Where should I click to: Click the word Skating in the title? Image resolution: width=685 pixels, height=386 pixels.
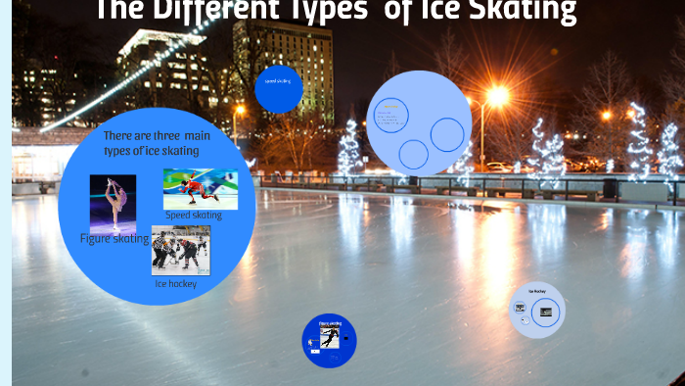click(x=525, y=11)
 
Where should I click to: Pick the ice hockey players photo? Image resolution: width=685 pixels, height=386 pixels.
click(x=180, y=250)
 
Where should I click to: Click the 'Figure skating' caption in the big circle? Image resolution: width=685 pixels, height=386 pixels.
click(x=114, y=238)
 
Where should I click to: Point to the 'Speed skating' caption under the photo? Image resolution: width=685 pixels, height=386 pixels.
click(x=193, y=215)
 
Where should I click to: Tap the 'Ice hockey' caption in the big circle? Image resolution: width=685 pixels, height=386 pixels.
click(x=175, y=284)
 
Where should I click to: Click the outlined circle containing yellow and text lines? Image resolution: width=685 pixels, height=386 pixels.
click(x=391, y=116)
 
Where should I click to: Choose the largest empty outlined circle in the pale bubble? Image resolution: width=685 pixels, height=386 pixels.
click(x=447, y=134)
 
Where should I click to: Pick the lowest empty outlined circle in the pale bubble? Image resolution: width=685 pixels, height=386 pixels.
click(x=413, y=155)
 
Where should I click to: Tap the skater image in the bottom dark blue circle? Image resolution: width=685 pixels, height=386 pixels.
click(x=330, y=337)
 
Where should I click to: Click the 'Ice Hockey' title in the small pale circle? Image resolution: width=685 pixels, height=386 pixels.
click(x=537, y=292)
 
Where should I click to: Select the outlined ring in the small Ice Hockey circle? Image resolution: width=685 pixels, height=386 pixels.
click(x=545, y=313)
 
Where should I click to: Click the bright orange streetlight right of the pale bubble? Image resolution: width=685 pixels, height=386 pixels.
click(x=497, y=96)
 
